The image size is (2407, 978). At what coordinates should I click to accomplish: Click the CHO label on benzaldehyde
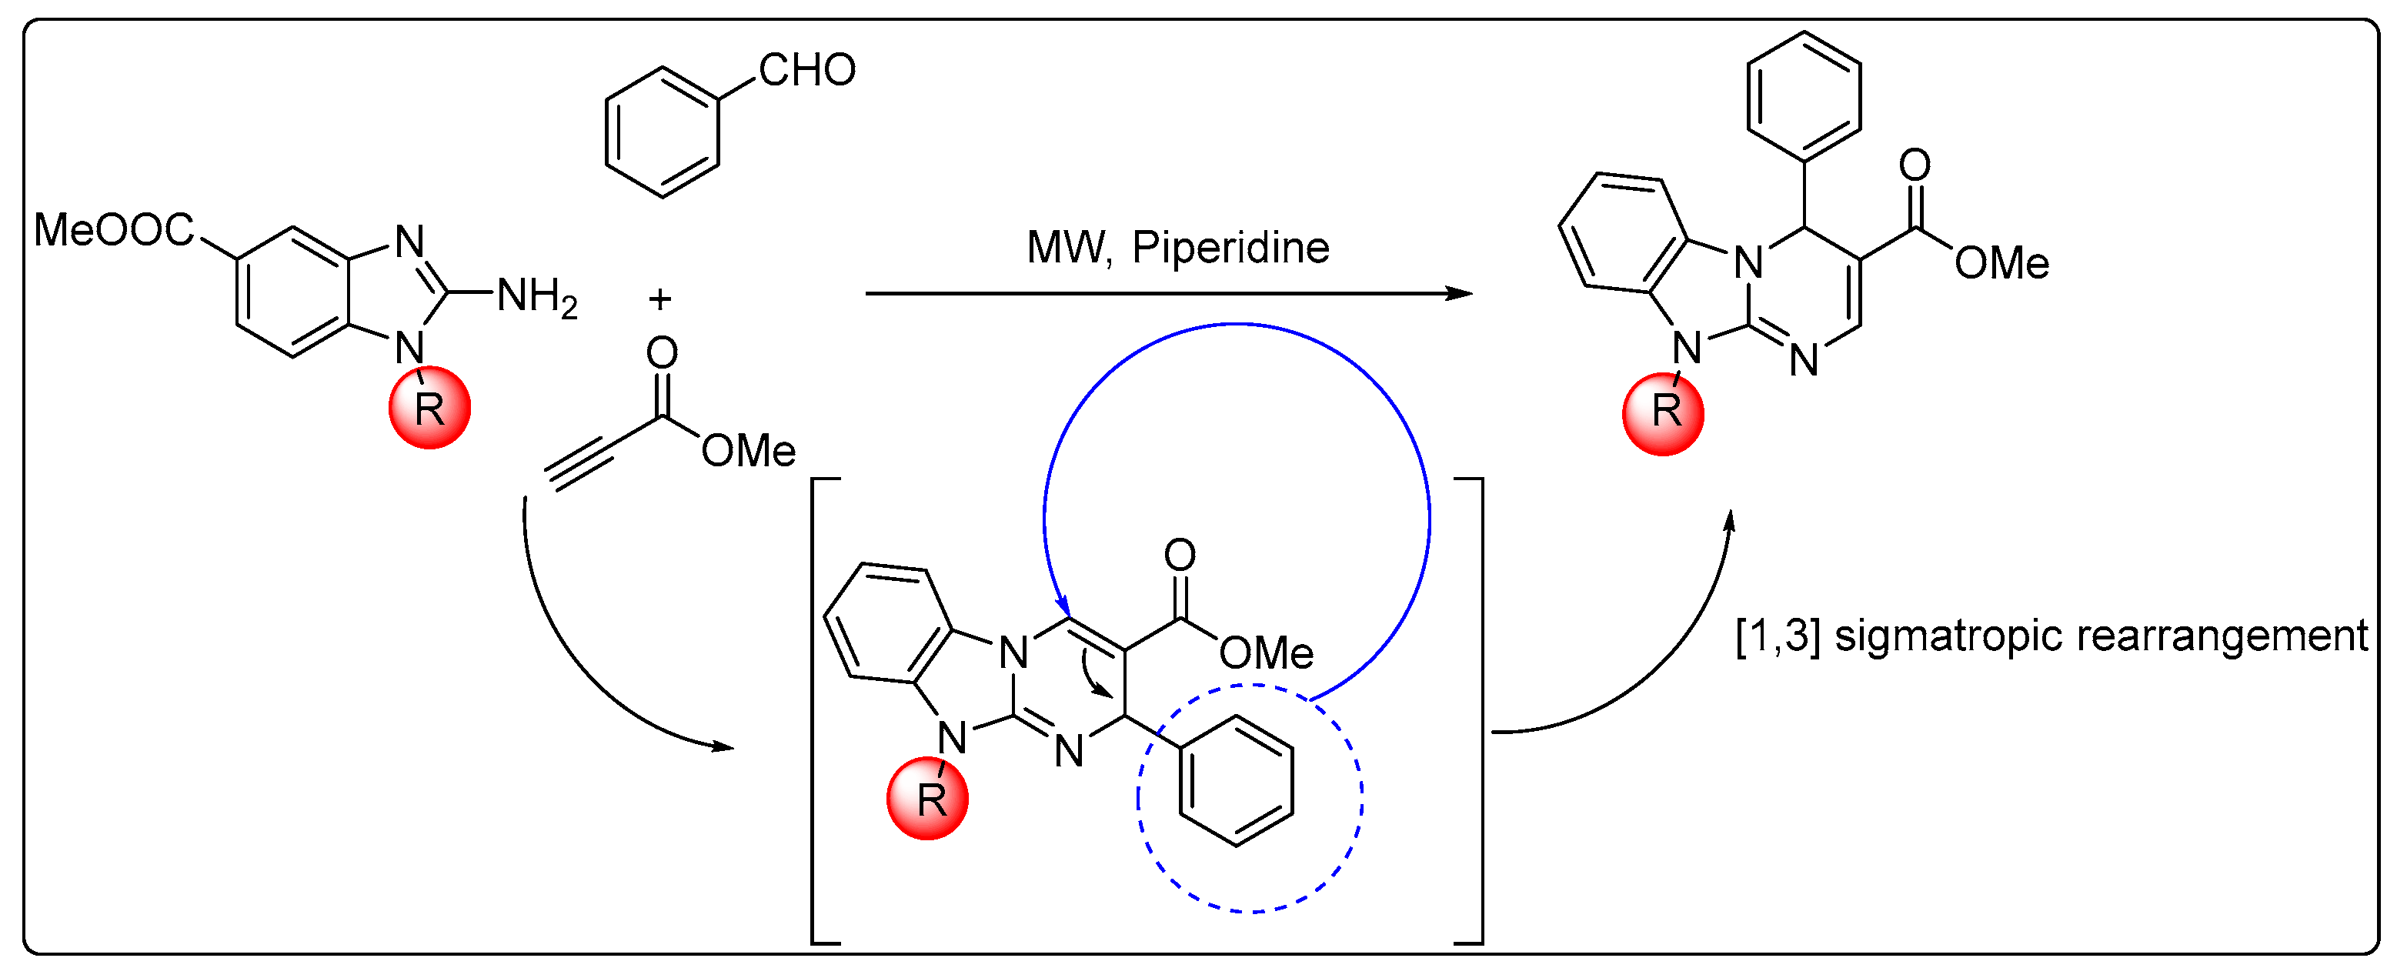point(807,71)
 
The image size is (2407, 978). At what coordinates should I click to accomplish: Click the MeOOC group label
point(114,231)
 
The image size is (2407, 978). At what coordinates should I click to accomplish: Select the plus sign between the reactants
point(659,299)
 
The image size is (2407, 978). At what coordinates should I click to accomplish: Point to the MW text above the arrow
point(1068,249)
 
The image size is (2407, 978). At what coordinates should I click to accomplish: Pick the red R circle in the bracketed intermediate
point(928,799)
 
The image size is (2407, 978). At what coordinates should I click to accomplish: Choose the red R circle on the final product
point(1663,414)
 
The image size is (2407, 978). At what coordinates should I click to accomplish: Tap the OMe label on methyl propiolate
point(749,452)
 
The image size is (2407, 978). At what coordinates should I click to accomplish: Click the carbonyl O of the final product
point(1915,165)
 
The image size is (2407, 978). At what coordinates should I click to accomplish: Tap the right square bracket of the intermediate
point(1479,710)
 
